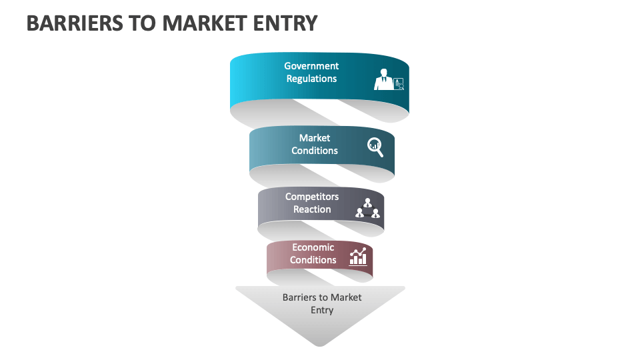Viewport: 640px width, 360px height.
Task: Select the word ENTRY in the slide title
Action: pos(286,23)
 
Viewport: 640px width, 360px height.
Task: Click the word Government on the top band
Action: pos(311,66)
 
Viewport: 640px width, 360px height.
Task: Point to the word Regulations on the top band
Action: pos(311,79)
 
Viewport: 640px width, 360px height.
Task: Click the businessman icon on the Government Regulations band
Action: pos(383,79)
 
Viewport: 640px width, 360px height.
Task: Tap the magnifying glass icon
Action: pos(376,147)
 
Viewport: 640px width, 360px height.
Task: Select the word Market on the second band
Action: pos(315,138)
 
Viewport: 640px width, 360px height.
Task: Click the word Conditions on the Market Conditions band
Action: pos(315,151)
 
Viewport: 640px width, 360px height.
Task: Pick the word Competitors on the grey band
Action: pos(312,197)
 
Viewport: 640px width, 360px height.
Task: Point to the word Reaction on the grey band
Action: pos(312,209)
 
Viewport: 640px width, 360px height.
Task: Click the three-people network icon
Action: pos(367,209)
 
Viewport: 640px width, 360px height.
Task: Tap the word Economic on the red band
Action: pos(313,247)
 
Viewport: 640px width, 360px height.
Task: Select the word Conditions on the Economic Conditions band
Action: pos(313,260)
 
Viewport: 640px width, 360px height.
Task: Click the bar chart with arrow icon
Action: pos(359,256)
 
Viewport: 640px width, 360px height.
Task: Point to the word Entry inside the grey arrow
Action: pos(322,310)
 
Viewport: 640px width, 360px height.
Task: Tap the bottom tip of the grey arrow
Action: pos(321,344)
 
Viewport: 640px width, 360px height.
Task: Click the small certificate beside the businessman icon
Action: pos(399,83)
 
